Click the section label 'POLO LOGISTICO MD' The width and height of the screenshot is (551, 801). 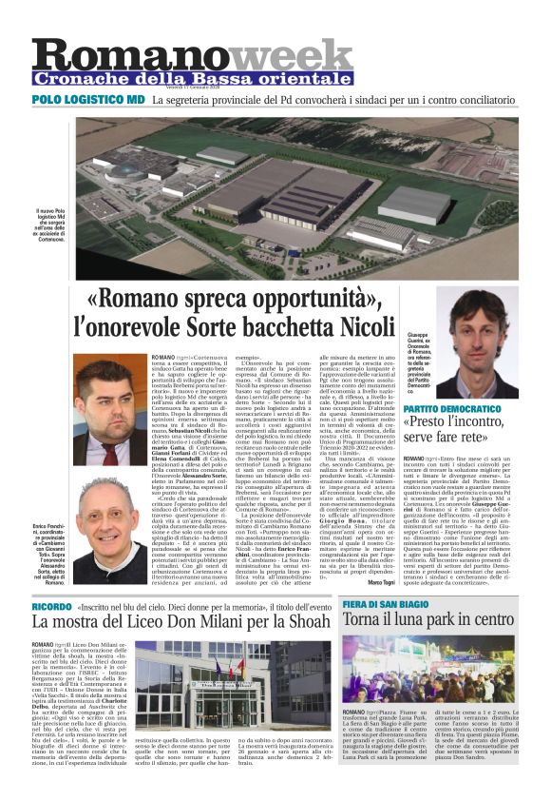(88, 99)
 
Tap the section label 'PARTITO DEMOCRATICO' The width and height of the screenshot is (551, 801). (451, 408)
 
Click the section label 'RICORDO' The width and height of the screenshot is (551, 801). (51, 579)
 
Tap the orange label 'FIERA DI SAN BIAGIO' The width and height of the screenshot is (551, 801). (388, 579)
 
